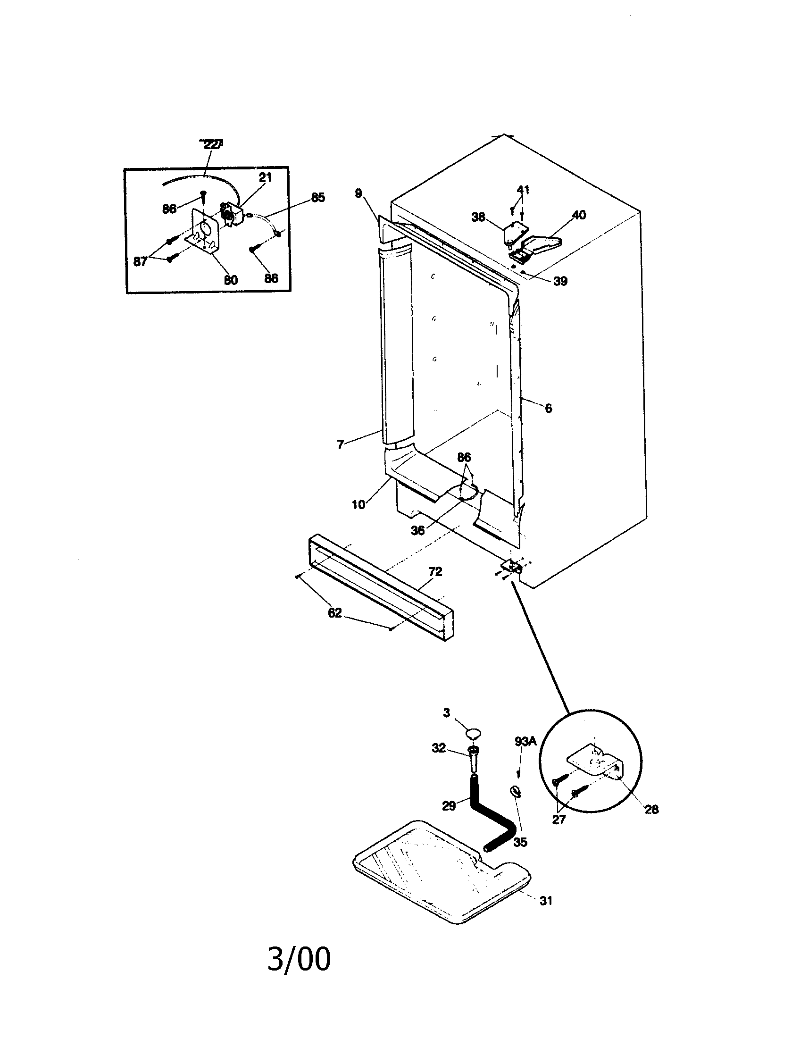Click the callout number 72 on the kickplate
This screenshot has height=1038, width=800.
coord(435,571)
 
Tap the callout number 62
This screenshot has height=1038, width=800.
coord(335,612)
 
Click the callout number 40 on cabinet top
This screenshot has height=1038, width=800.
coord(579,215)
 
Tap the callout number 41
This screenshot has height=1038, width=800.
coord(523,190)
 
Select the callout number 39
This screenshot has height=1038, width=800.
coord(560,281)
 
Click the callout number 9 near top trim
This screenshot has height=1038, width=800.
coord(358,193)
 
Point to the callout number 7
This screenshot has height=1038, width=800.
coord(340,445)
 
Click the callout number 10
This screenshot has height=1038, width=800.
coord(358,504)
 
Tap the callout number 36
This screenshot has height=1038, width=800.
coord(417,530)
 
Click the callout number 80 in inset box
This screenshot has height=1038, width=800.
coord(231,279)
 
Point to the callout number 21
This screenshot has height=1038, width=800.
coord(265,177)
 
